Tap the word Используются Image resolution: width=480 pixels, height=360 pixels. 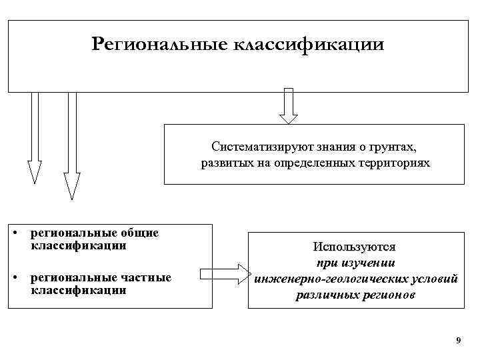tap(356, 247)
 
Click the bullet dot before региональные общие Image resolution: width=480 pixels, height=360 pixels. tap(14, 233)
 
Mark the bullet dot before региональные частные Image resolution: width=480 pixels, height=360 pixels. tap(14, 278)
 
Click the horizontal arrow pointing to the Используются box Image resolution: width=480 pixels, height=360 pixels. tap(223, 273)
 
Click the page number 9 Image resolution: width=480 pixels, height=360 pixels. tap(458, 341)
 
